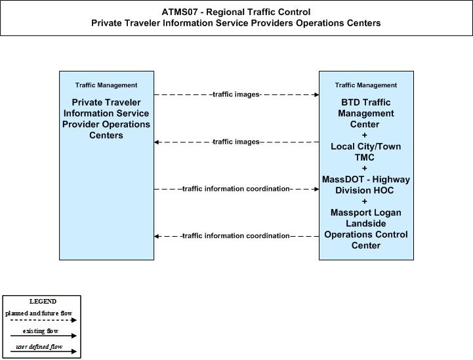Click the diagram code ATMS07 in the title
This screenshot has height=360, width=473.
[180, 12]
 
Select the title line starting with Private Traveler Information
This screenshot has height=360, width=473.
[236, 23]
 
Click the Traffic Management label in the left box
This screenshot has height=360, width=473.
[106, 85]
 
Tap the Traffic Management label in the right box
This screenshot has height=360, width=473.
[366, 85]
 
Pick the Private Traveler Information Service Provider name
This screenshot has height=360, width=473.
[106, 119]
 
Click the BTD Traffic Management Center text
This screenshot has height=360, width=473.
[365, 113]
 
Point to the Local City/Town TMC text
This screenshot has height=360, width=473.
[365, 152]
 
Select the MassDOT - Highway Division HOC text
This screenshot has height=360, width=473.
[366, 185]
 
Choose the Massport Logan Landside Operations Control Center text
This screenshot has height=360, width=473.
[366, 229]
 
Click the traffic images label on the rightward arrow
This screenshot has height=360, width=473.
[236, 94]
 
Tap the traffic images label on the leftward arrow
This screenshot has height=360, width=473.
[236, 142]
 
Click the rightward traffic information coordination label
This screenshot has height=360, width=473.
[236, 189]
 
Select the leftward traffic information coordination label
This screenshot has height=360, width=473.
[236, 236]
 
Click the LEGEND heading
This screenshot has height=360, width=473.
[43, 302]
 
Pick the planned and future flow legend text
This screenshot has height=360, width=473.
[39, 313]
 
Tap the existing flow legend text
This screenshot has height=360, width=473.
[41, 331]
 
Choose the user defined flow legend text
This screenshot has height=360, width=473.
[39, 347]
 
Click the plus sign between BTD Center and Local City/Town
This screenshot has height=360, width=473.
[364, 135]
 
